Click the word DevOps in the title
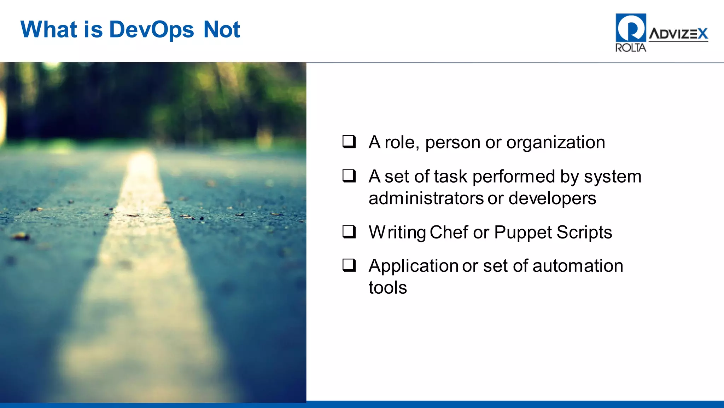(152, 30)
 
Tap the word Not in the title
(222, 29)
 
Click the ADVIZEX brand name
(678, 34)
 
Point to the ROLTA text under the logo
(631, 48)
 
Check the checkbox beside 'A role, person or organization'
(349, 142)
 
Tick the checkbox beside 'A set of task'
(349, 176)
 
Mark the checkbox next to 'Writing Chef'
(349, 232)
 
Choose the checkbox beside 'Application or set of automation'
(349, 265)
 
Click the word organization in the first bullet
(555, 143)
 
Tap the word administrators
(426, 198)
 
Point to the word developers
(552, 198)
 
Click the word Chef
(449, 232)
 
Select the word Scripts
(584, 232)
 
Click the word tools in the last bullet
(387, 287)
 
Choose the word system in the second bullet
(612, 177)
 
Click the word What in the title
(49, 29)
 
